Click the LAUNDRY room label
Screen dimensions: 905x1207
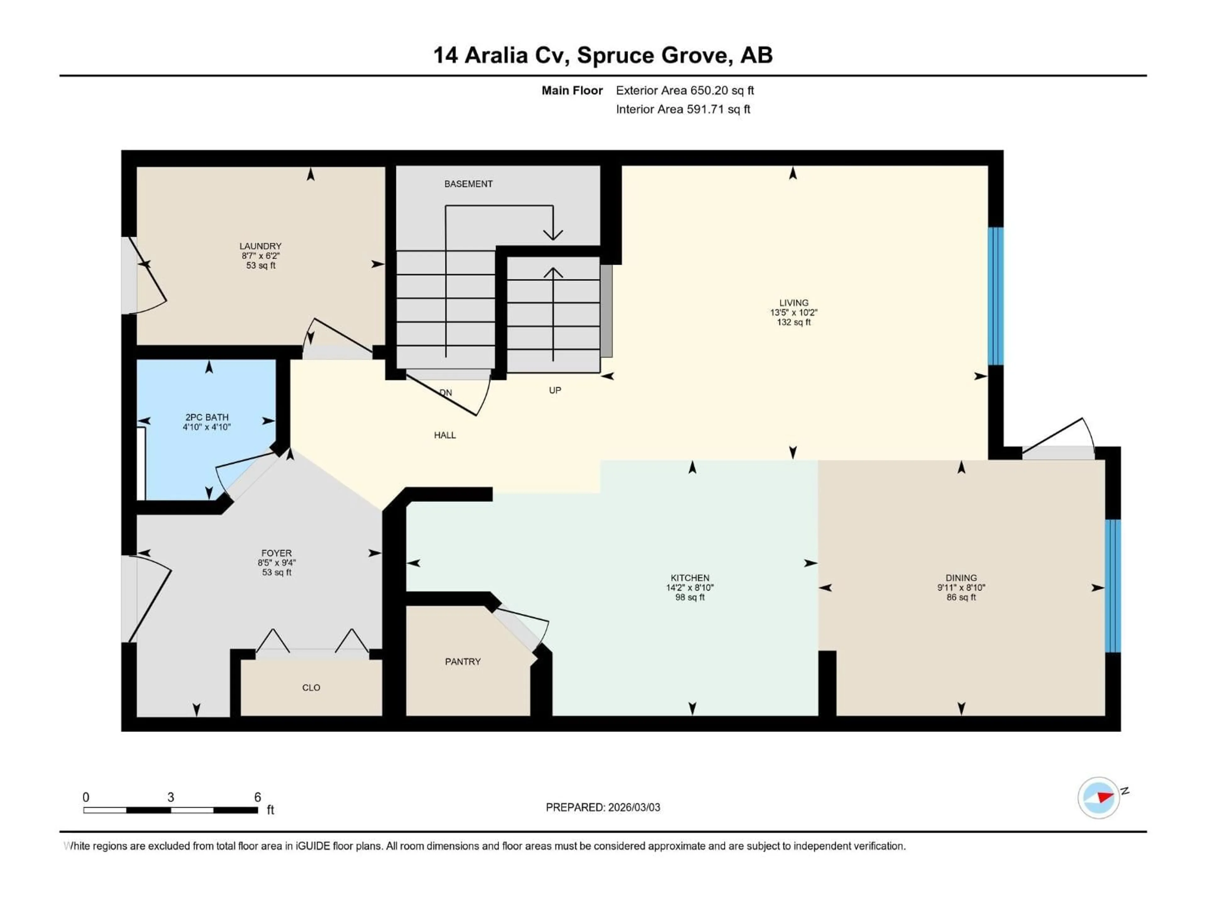click(260, 246)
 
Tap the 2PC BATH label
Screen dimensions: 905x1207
click(207, 417)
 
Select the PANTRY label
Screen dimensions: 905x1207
click(463, 662)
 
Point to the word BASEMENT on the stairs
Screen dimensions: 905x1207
click(468, 184)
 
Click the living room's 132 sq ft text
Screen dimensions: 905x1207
click(793, 322)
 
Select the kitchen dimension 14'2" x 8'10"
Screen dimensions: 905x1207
click(690, 588)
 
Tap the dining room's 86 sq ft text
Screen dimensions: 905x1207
click(961, 597)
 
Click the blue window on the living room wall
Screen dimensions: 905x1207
click(996, 296)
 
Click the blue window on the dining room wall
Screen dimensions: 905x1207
click(1113, 585)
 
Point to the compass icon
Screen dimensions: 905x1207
click(1099, 798)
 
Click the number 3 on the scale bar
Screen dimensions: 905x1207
click(171, 797)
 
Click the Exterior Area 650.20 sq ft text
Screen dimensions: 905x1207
click(685, 90)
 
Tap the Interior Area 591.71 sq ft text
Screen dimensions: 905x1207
click(683, 109)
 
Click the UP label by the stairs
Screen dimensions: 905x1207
click(555, 390)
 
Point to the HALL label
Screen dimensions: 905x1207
click(445, 435)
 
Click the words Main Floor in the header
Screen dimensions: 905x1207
click(572, 90)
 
